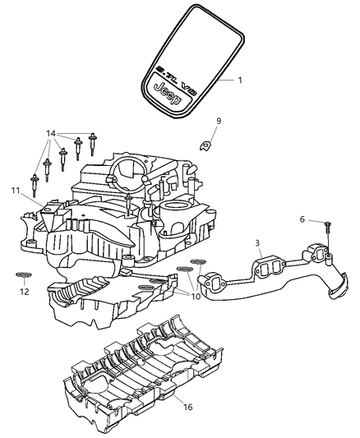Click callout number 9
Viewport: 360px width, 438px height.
pyautogui.click(x=219, y=122)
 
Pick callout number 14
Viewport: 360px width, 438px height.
pyautogui.click(x=51, y=133)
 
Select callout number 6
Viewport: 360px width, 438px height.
pyautogui.click(x=302, y=220)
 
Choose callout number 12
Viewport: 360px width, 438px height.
pyautogui.click(x=24, y=292)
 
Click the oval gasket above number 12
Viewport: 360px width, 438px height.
pyautogui.click(x=24, y=274)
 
